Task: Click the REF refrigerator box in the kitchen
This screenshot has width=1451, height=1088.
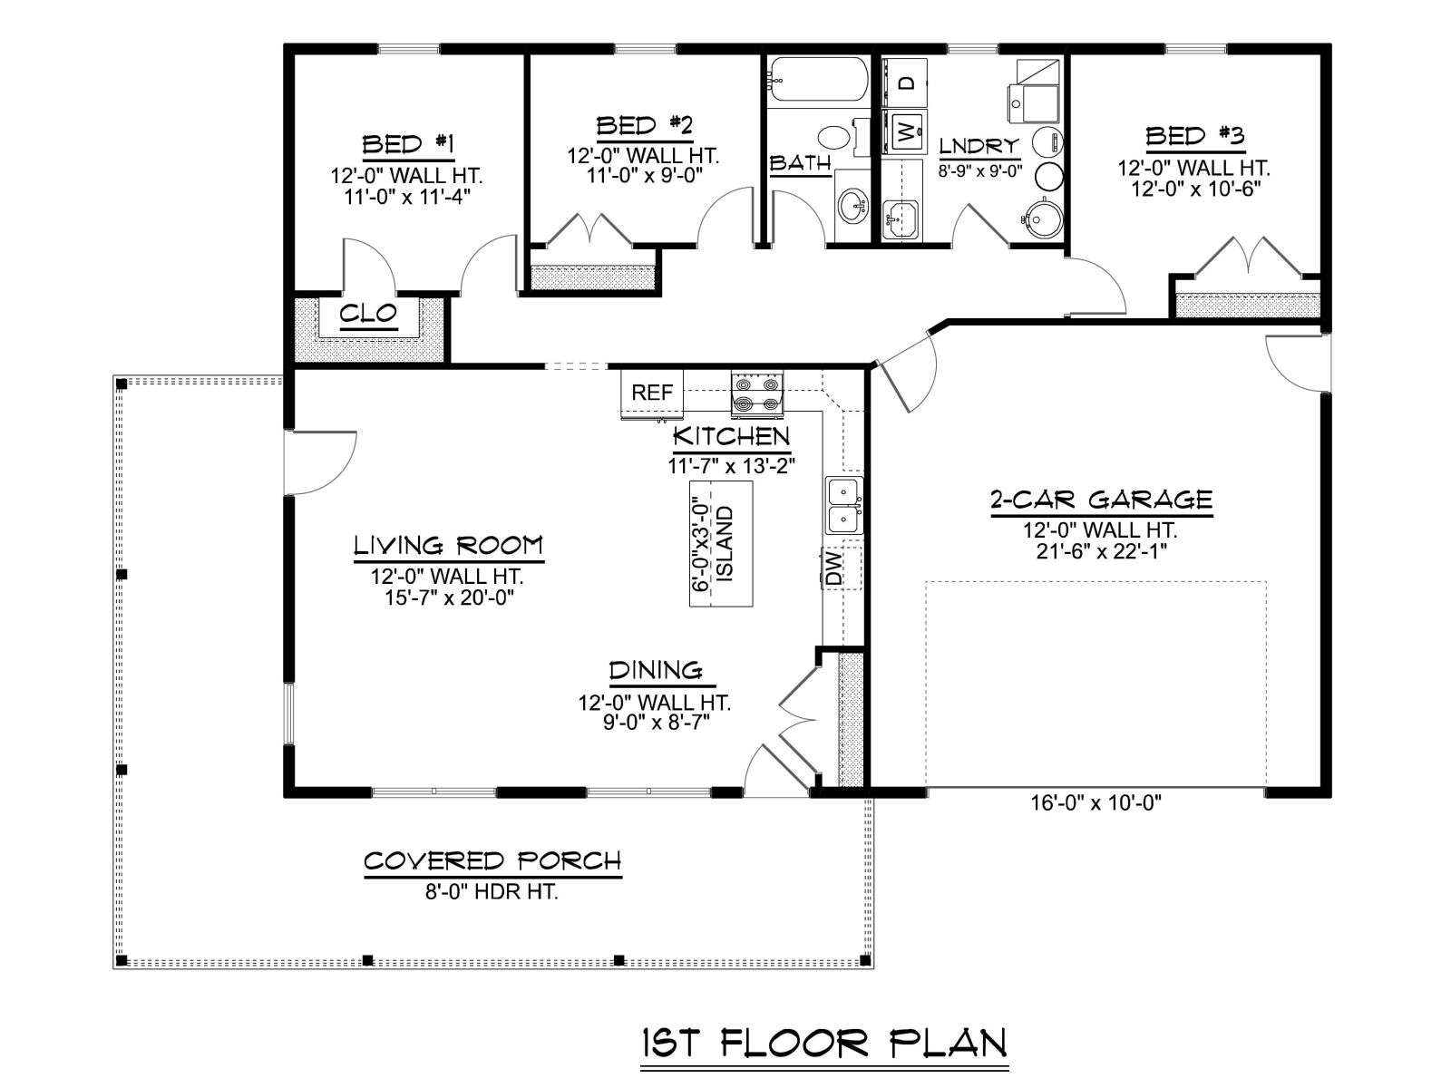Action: [651, 393]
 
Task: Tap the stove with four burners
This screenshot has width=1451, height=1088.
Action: [757, 393]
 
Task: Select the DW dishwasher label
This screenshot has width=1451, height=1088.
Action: [835, 568]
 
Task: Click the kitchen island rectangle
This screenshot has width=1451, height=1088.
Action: [721, 544]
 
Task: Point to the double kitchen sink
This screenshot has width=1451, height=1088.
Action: [844, 505]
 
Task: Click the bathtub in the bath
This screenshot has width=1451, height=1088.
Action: [818, 79]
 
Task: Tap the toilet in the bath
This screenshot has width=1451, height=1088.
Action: [844, 139]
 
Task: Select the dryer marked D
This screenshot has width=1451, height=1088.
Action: [905, 83]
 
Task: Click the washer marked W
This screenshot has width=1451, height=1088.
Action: [905, 132]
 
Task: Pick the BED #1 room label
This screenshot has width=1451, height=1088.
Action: [408, 144]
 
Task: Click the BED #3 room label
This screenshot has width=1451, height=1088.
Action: [1194, 137]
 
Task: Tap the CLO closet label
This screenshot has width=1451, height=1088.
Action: [368, 314]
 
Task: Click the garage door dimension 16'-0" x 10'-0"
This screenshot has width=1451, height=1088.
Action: [1096, 802]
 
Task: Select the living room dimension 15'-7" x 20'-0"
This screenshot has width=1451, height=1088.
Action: [449, 597]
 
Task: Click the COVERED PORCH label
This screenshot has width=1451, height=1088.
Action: [492, 861]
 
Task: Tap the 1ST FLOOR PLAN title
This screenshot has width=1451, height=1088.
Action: [823, 1044]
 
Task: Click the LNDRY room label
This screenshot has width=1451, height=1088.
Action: [979, 146]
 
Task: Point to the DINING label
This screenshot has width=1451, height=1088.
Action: [656, 671]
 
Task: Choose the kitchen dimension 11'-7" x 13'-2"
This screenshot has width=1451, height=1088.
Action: [730, 466]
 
